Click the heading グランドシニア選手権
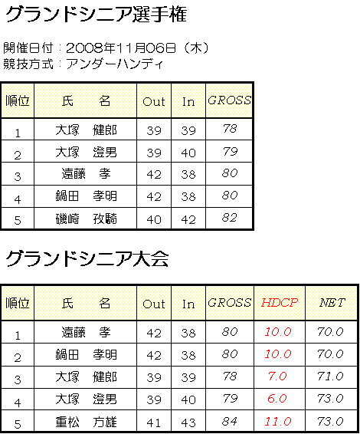96,14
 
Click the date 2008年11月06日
121,48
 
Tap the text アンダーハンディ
114,64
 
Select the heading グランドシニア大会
87,259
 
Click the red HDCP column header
280,303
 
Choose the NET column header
332,303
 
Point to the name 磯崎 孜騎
86,219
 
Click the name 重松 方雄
86,422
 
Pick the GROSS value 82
230,218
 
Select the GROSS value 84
230,421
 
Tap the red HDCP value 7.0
277,376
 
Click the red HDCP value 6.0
277,398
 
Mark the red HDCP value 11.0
278,421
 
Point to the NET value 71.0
330,376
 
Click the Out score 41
154,422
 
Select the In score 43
188,422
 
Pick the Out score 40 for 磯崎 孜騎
154,220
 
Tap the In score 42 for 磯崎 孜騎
188,220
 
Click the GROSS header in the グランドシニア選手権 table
229,100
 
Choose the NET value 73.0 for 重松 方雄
330,421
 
